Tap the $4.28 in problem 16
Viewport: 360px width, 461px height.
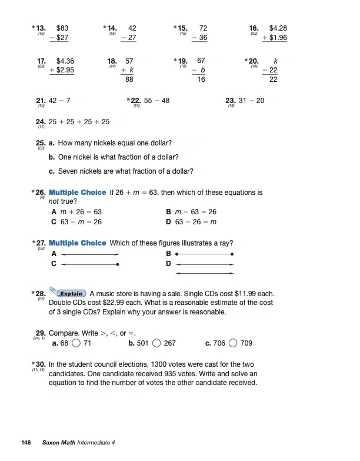click(x=278, y=28)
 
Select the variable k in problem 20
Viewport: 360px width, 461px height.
click(x=275, y=61)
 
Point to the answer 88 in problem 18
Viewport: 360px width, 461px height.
click(x=131, y=79)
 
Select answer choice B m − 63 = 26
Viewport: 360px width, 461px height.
click(x=192, y=211)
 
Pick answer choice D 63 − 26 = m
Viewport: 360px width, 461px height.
click(x=192, y=221)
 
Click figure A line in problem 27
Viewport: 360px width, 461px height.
click(x=90, y=254)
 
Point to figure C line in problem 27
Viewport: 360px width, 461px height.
click(x=90, y=264)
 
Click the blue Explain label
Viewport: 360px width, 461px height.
click(x=71, y=293)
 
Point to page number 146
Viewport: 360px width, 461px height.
click(x=26, y=442)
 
